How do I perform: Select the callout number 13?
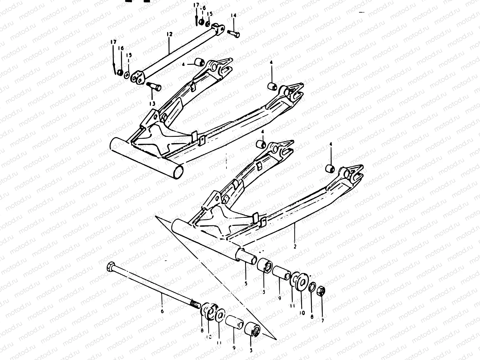(152, 103)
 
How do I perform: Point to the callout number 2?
(295, 247)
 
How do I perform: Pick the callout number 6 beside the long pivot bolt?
(162, 311)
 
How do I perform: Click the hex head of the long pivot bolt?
(110, 266)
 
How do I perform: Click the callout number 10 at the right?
(302, 312)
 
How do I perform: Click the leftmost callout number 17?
(113, 42)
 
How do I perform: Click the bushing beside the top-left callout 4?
(199, 63)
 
